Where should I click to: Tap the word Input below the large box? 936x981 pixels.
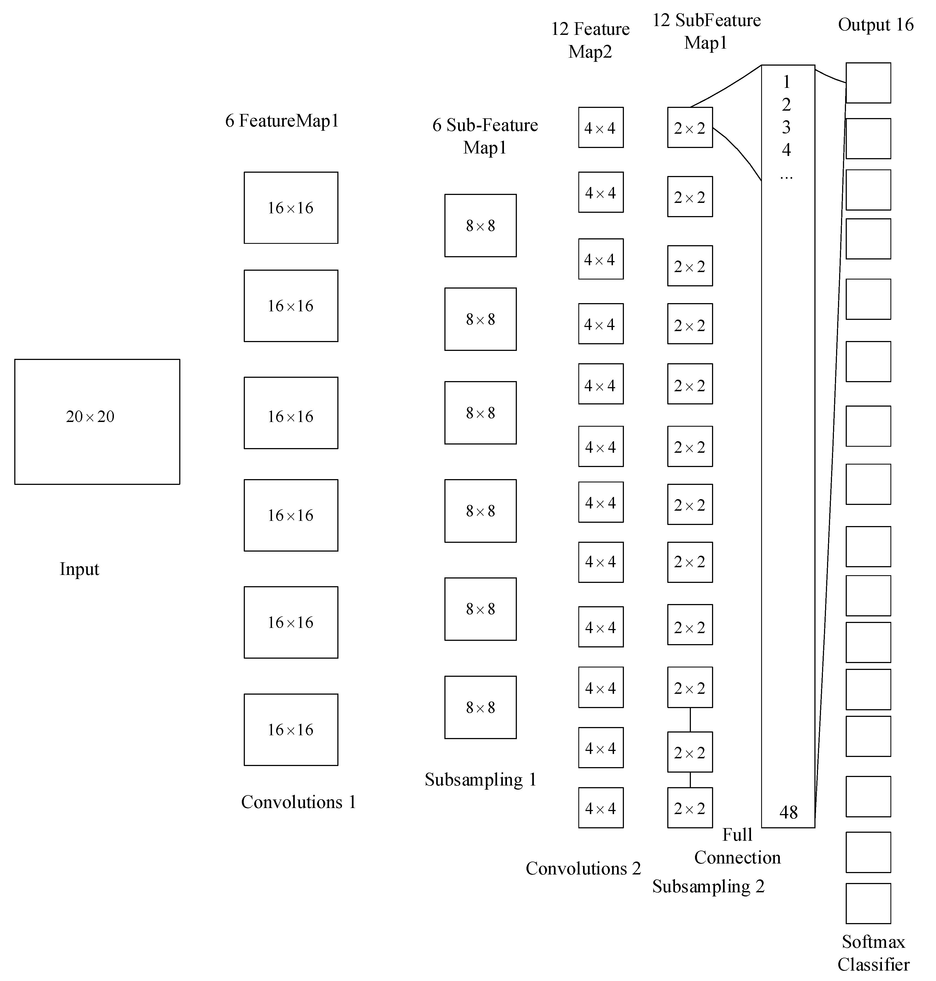[79, 569]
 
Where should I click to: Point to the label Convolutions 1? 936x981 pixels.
[298, 802]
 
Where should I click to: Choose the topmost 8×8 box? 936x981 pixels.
[480, 225]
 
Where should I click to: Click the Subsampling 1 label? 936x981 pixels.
[480, 779]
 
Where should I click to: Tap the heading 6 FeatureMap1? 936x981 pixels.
[282, 121]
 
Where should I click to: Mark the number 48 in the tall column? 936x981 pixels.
[788, 812]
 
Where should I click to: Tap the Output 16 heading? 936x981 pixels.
[876, 24]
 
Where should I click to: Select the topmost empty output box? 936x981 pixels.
[868, 83]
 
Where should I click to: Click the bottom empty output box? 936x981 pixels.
[868, 903]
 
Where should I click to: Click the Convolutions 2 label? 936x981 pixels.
[583, 868]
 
